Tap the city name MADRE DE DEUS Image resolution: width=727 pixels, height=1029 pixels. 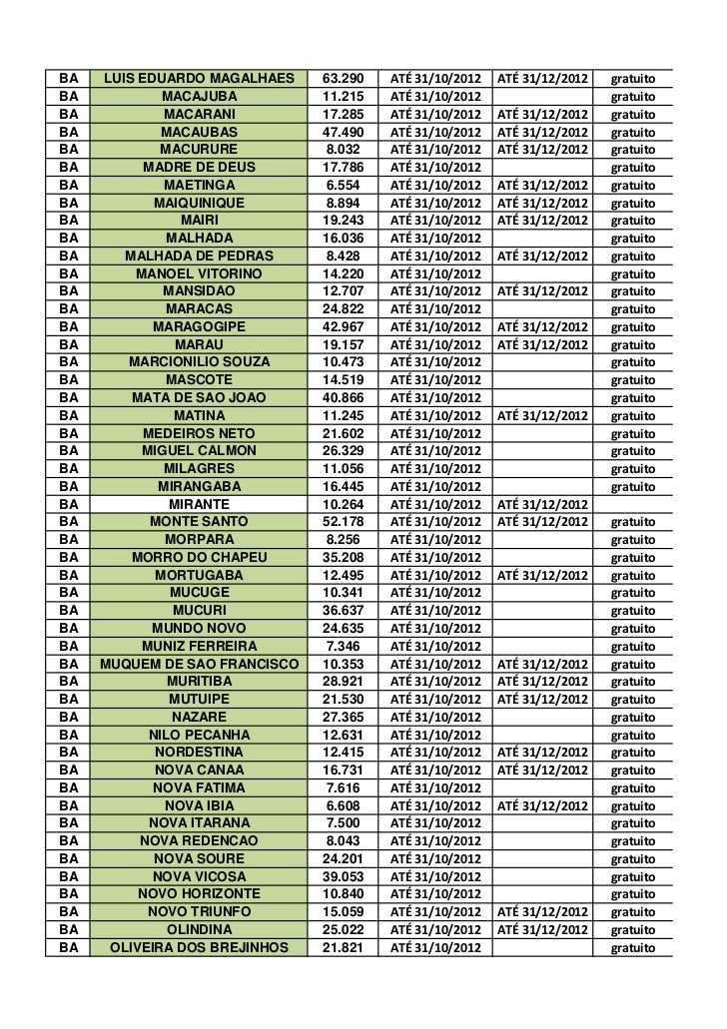[x=199, y=167]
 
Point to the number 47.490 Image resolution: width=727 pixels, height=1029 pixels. [x=344, y=132]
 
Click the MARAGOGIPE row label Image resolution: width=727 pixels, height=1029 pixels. [x=199, y=325]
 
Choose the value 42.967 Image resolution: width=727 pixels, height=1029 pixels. [x=344, y=325]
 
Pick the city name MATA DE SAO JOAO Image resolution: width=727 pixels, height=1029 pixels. [x=199, y=396]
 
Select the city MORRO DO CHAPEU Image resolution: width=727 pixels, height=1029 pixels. [x=199, y=557]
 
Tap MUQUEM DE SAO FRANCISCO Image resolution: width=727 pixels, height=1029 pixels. [x=199, y=664]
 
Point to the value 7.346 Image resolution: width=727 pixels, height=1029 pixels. [x=344, y=646]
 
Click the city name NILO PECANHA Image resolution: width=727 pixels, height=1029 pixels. [x=199, y=735]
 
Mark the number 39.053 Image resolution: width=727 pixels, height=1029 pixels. [x=344, y=875]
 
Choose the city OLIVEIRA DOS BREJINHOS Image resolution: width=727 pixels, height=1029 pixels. [x=199, y=946]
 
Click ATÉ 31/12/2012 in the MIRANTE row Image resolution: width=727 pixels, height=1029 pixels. [x=544, y=504]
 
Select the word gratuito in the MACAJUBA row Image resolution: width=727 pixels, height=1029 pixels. [x=633, y=97]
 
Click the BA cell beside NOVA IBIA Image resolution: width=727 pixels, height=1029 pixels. [x=69, y=805]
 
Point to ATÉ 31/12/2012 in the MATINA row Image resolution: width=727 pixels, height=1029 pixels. [x=544, y=415]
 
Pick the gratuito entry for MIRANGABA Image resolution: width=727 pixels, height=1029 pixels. [x=633, y=486]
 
